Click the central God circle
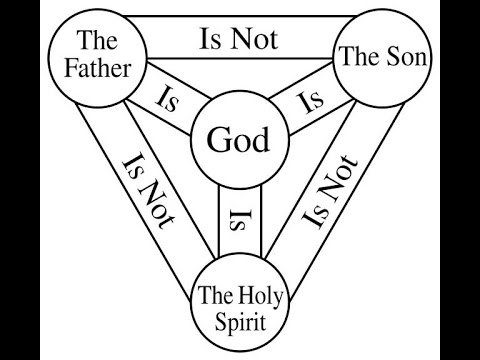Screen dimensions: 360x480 238,140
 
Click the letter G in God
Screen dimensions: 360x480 217,140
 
